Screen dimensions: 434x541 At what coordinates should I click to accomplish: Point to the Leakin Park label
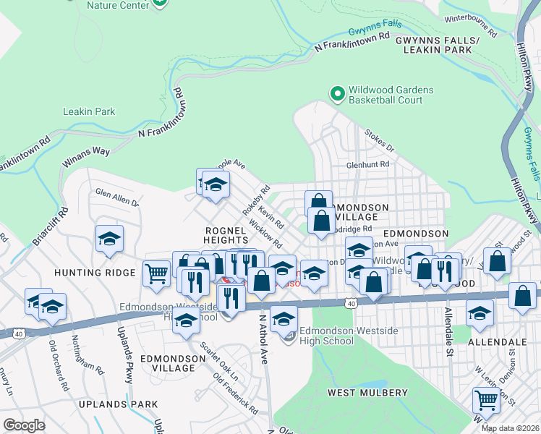(89, 111)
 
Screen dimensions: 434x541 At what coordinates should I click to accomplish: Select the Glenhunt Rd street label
(367, 164)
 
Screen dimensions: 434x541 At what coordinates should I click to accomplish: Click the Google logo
(24, 425)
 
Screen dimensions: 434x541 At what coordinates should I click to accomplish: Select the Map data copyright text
(511, 428)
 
